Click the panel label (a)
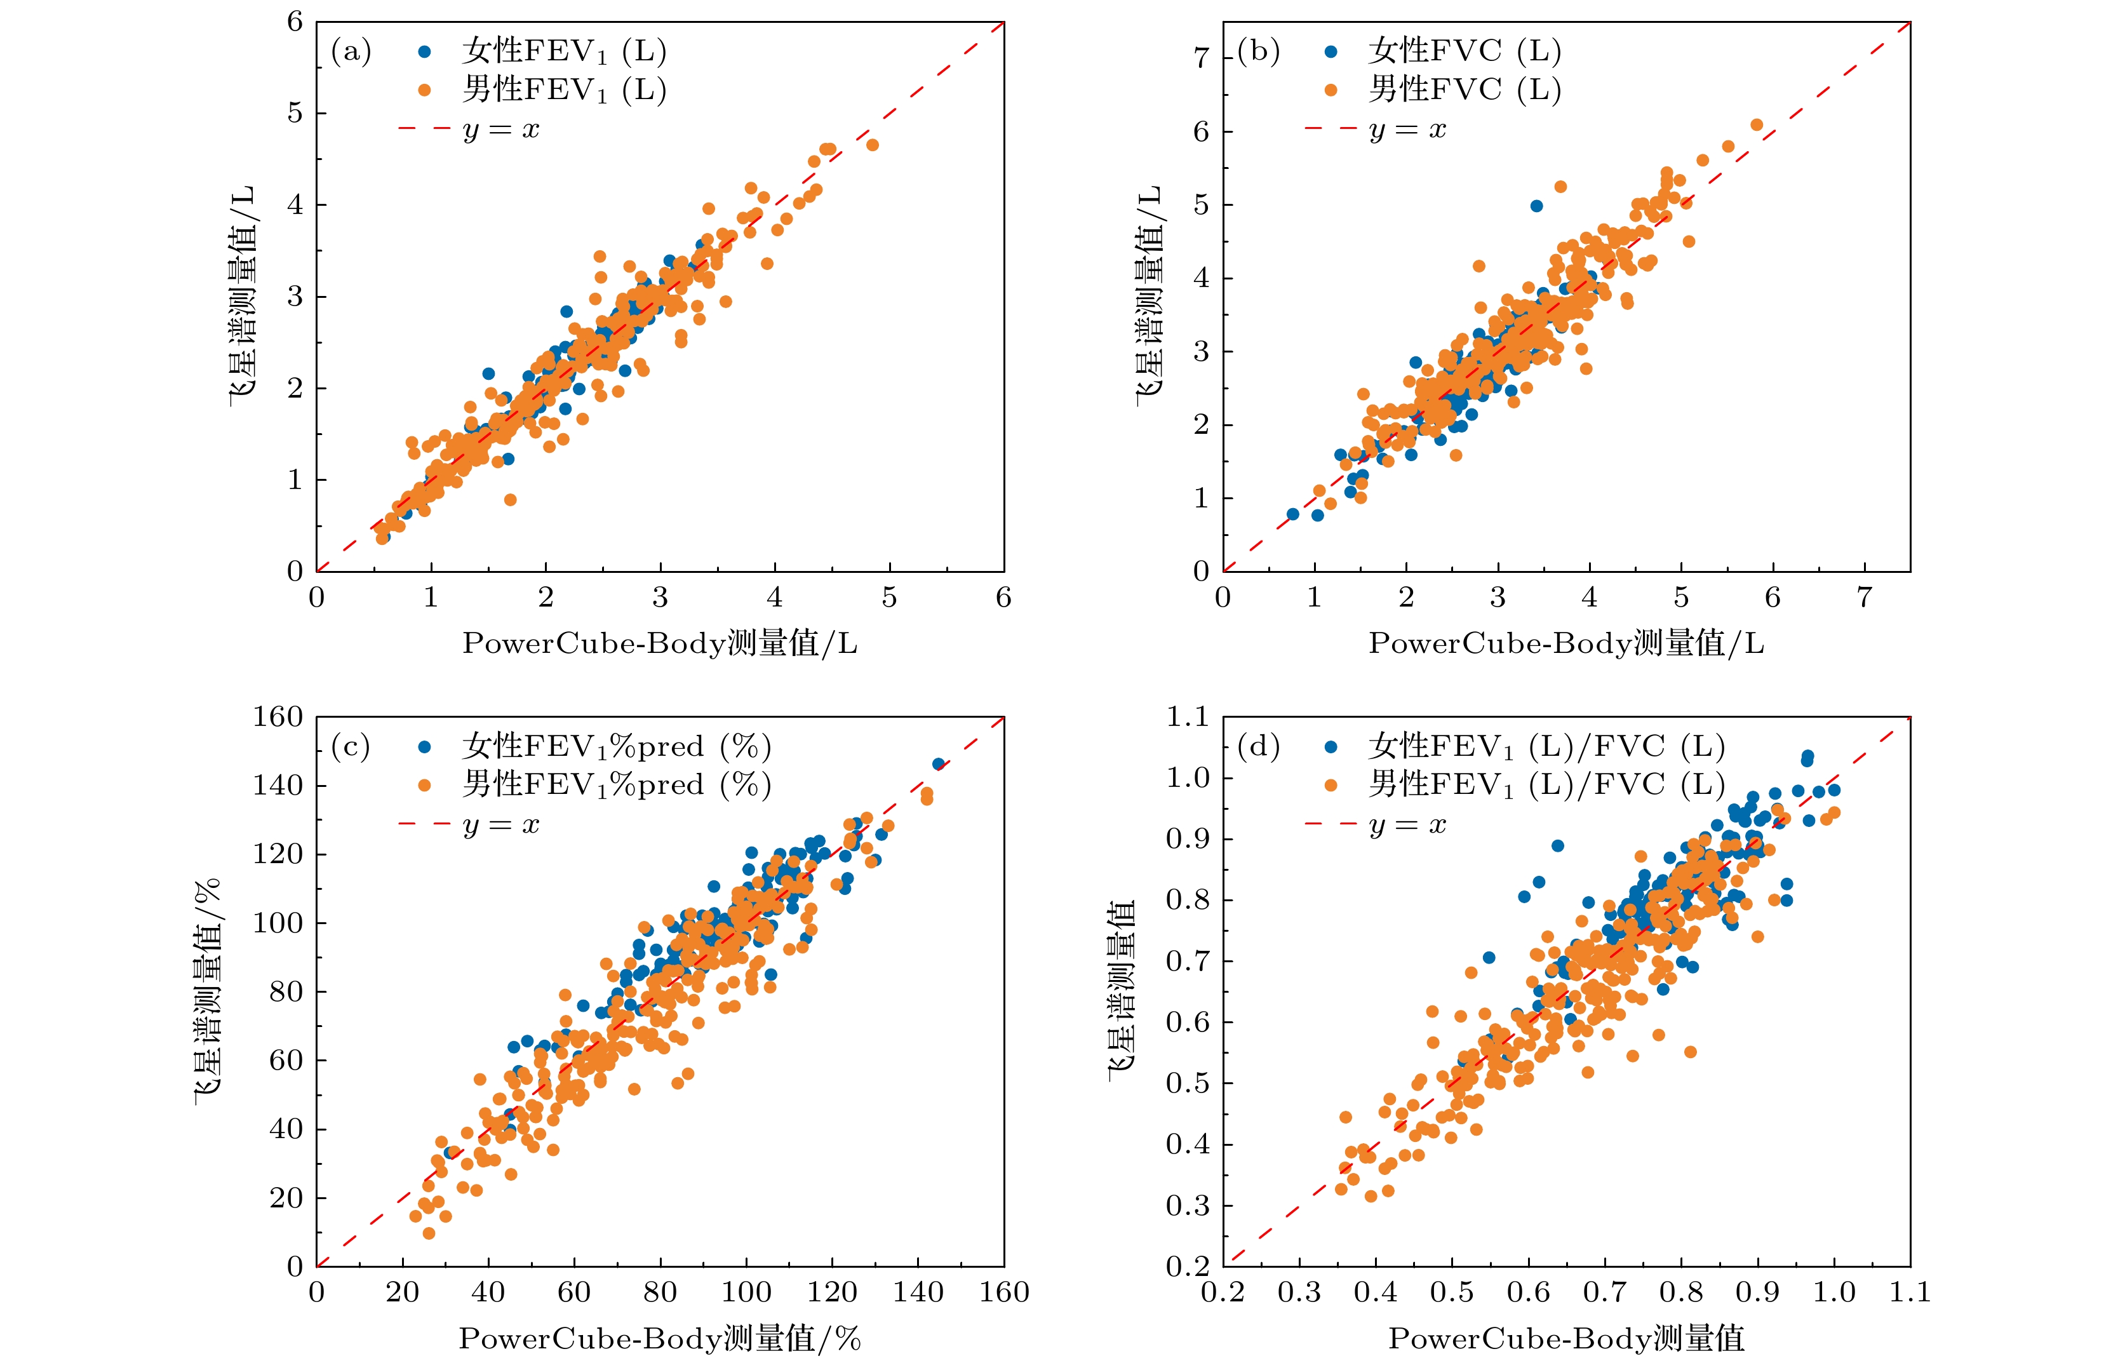point(351,51)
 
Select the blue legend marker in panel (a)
point(425,52)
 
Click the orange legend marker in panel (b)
point(1331,90)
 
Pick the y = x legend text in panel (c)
point(501,825)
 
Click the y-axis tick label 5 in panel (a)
point(295,113)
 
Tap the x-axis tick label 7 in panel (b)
point(1864,598)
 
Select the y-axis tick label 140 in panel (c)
point(278,785)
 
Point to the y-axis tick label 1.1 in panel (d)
point(1187,717)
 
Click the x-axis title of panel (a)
point(659,643)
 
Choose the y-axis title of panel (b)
point(1149,297)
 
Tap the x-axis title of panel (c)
point(659,1338)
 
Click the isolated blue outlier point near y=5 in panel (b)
point(1536,206)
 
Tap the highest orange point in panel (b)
point(1757,124)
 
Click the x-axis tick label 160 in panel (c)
point(1003,1293)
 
